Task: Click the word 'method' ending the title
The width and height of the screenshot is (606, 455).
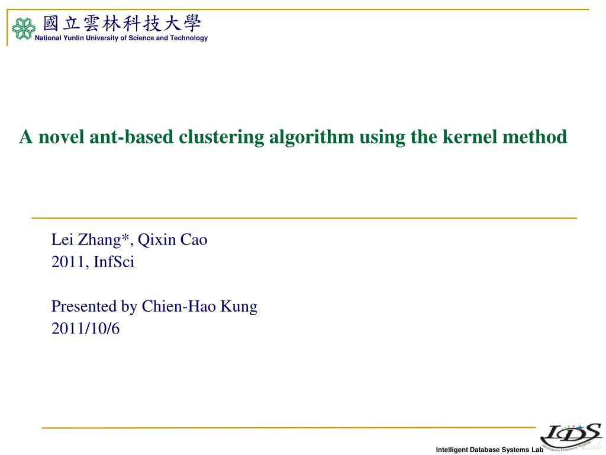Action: pyautogui.click(x=535, y=137)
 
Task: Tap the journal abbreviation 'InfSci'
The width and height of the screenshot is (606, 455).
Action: pyautogui.click(x=114, y=262)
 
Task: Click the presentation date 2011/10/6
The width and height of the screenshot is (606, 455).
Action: pyautogui.click(x=85, y=329)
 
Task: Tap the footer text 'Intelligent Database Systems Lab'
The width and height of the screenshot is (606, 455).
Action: pyautogui.click(x=489, y=450)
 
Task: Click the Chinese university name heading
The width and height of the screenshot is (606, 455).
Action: pyautogui.click(x=122, y=24)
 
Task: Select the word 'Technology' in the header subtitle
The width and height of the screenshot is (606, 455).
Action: pyautogui.click(x=189, y=38)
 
